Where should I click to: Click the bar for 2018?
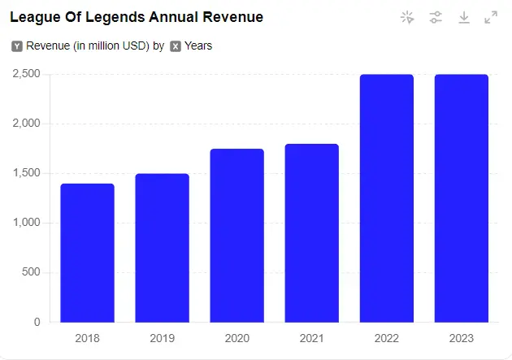point(87,253)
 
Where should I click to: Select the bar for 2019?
point(162,248)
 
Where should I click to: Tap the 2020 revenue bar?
point(236,236)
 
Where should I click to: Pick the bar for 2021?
point(311,233)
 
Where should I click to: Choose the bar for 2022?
point(387,198)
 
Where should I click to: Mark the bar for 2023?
point(462,198)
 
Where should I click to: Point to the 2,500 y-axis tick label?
point(26,74)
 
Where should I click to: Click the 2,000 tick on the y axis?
point(26,124)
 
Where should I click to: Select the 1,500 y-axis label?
point(26,173)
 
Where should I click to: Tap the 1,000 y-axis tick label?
point(26,223)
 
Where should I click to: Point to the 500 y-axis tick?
point(31,272)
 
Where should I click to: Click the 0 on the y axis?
point(37,322)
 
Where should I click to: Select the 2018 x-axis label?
point(87,338)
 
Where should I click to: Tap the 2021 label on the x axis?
point(311,338)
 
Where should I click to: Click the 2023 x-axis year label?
point(462,338)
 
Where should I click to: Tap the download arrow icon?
point(464,17)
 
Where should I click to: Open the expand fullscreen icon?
point(491,17)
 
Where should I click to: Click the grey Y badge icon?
point(17,46)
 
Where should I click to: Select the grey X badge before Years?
point(176,46)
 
